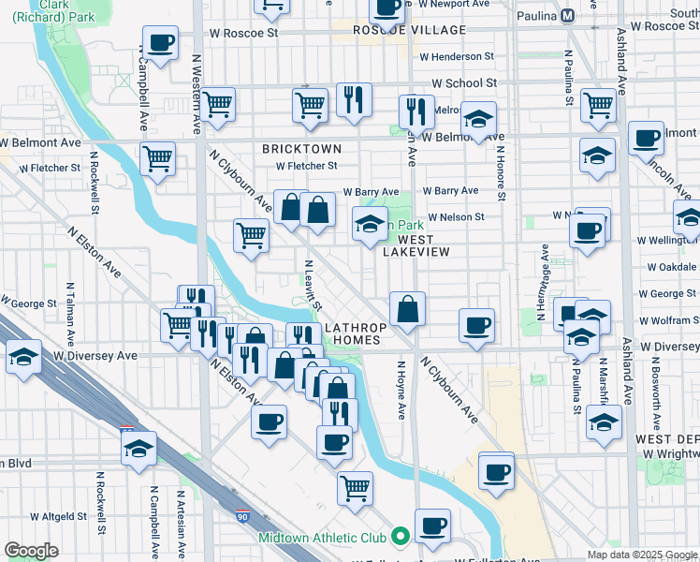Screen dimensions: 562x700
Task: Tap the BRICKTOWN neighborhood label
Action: (x=300, y=149)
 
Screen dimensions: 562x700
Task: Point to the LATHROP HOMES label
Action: (x=352, y=333)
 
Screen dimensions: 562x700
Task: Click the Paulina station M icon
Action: (x=569, y=15)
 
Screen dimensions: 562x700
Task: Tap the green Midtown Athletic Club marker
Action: (x=401, y=537)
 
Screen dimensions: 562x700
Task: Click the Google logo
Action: (x=31, y=550)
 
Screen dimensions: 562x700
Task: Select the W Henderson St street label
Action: (x=456, y=56)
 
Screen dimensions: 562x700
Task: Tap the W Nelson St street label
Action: (x=456, y=217)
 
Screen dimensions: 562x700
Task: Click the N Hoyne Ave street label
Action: (x=401, y=390)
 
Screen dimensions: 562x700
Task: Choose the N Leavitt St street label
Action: (x=313, y=286)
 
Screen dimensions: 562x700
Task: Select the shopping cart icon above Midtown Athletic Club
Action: (x=355, y=486)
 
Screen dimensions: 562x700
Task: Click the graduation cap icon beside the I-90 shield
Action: (x=139, y=448)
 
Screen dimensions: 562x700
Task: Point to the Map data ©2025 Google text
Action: (x=642, y=555)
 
